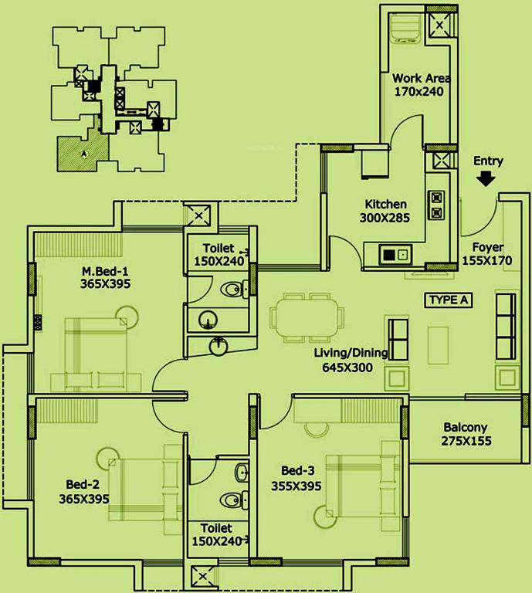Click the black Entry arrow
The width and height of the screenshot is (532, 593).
tap(486, 178)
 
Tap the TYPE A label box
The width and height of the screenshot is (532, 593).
tap(448, 300)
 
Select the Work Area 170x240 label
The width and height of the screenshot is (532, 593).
tap(421, 84)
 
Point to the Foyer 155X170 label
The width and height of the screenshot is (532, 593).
tap(487, 254)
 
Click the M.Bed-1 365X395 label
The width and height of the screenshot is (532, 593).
tap(106, 277)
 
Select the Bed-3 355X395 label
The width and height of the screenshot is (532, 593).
tap(296, 478)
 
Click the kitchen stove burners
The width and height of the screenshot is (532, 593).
tap(435, 205)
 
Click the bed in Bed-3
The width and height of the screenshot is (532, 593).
tap(361, 483)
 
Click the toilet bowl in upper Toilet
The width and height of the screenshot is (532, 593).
tap(232, 290)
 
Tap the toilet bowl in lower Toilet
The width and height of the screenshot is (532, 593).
tap(231, 500)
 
